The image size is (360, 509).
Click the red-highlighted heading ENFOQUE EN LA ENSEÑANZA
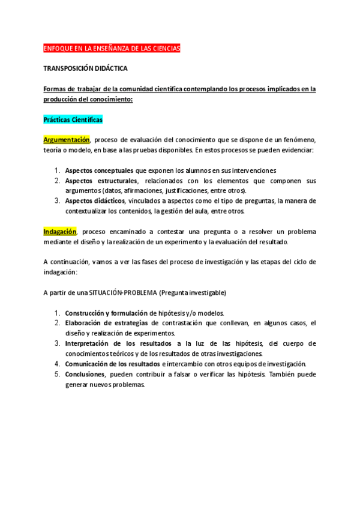(x=112, y=48)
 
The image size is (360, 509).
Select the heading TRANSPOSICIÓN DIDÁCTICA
(x=85, y=69)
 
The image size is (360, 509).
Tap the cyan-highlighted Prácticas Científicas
(x=73, y=120)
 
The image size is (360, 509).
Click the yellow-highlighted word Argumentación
(x=66, y=140)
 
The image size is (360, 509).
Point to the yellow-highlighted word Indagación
(x=60, y=232)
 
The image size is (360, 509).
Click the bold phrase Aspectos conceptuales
(x=99, y=170)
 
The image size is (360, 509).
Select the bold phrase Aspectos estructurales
(x=101, y=181)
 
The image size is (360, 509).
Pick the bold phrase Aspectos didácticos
(x=95, y=200)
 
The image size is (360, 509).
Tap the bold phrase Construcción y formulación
(x=106, y=313)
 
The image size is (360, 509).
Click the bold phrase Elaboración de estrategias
(x=107, y=323)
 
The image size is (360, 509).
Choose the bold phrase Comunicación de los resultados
(x=112, y=364)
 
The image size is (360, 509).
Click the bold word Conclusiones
(x=84, y=374)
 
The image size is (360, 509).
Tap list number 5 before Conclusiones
(x=57, y=374)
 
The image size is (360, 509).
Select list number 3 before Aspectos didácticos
(x=57, y=200)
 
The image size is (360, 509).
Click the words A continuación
(x=64, y=262)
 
